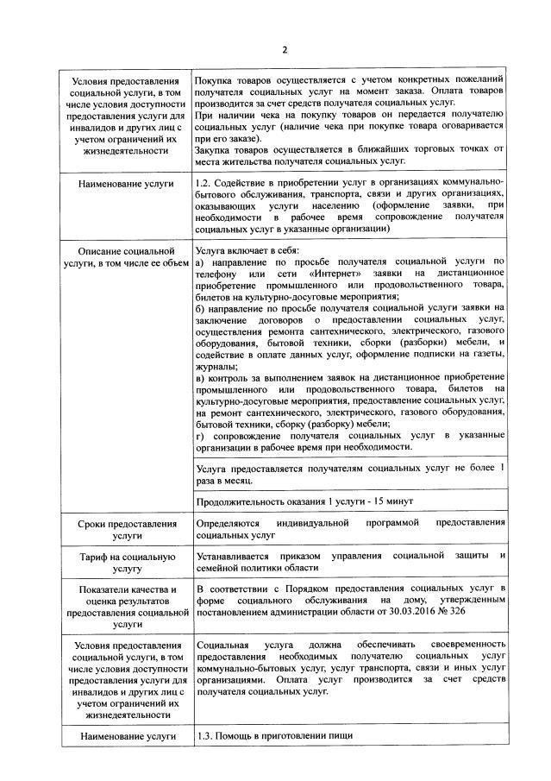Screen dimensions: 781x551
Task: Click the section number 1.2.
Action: coord(205,183)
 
